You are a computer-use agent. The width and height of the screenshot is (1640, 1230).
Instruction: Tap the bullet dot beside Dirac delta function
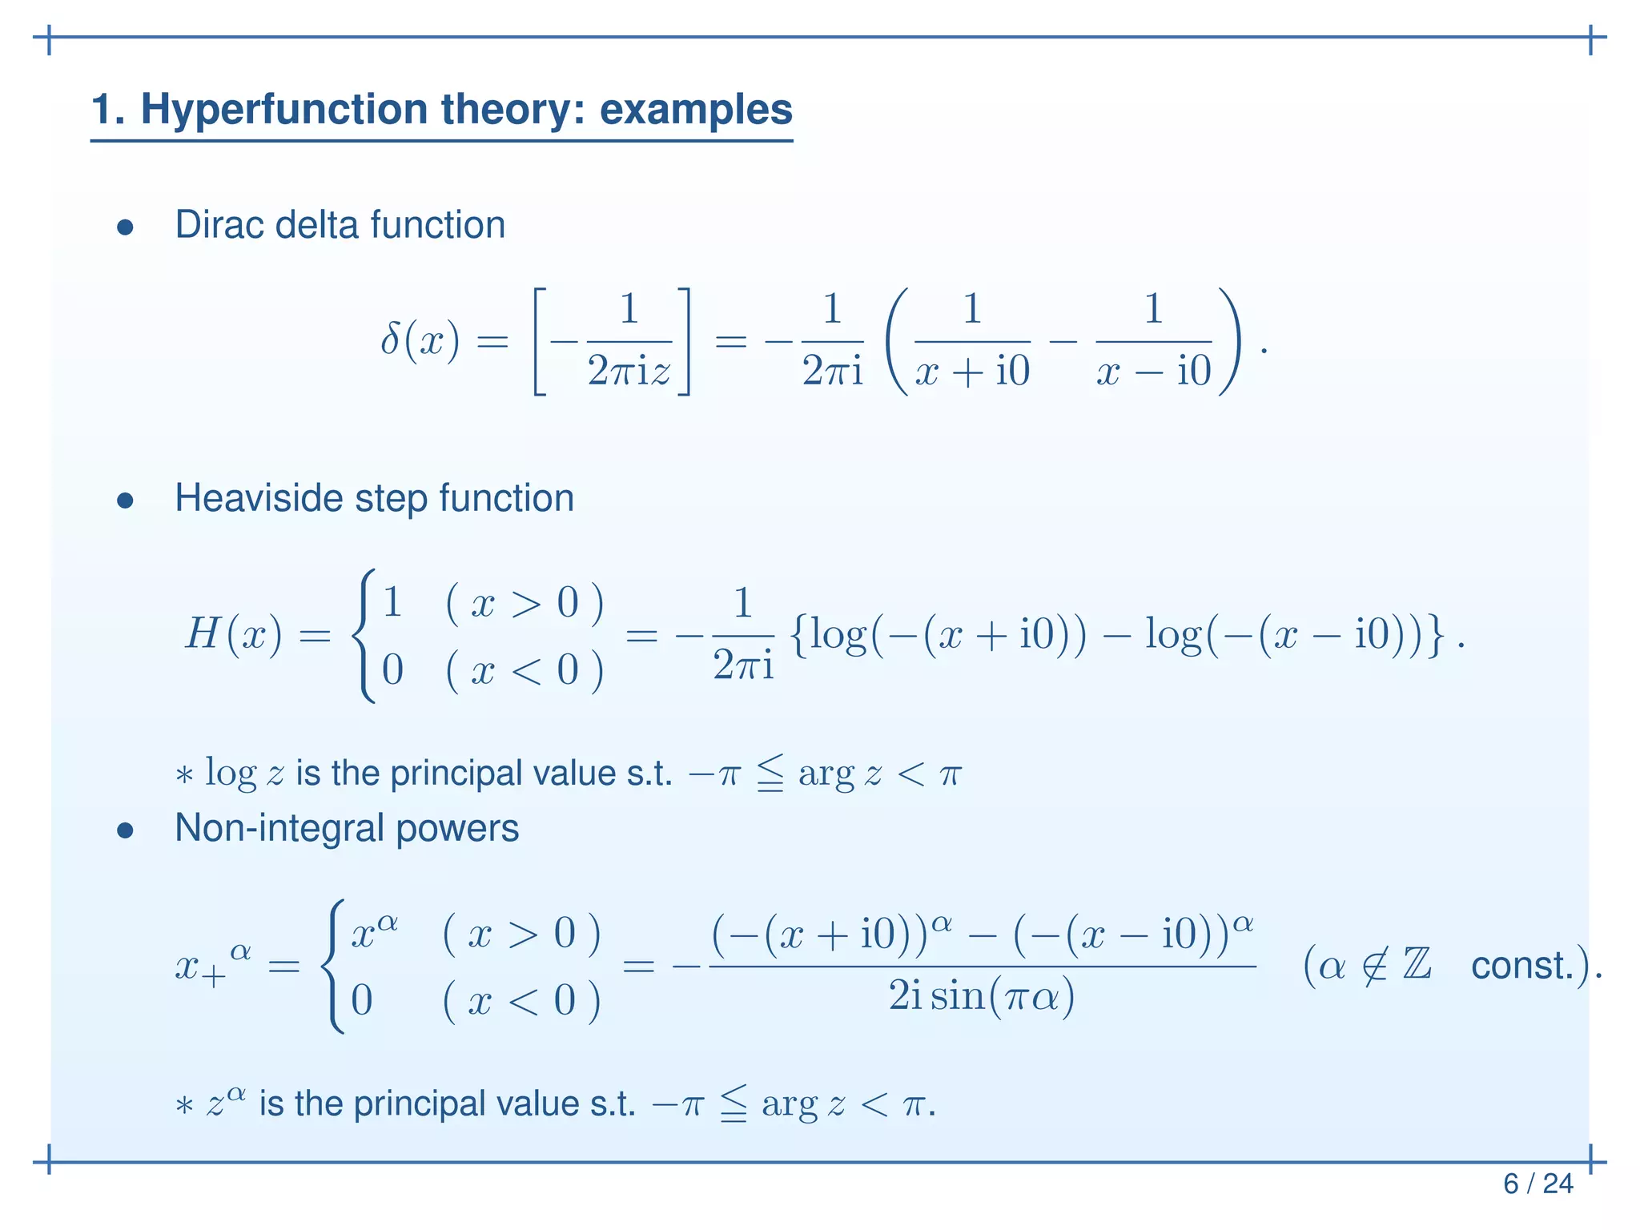125,227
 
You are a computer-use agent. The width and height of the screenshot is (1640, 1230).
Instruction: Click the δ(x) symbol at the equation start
420,342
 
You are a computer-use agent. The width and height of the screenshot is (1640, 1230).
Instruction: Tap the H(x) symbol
233,635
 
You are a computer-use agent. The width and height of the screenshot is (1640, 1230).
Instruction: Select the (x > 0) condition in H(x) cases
525,603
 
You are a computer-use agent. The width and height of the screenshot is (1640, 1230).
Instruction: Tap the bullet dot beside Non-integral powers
125,830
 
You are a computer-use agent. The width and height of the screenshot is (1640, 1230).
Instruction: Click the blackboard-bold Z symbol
1417,964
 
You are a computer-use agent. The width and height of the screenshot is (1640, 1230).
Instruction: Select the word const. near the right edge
1522,966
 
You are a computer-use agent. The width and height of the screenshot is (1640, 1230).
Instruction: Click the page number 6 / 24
1537,1184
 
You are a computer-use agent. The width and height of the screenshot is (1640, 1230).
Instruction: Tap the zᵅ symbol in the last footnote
225,1103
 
